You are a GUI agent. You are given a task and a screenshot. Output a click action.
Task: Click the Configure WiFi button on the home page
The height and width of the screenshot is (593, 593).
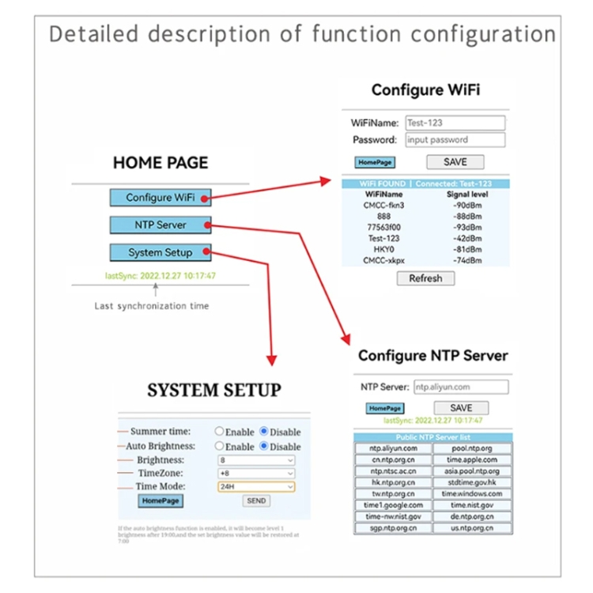161,198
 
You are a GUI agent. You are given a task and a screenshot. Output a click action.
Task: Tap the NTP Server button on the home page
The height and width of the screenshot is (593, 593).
161,225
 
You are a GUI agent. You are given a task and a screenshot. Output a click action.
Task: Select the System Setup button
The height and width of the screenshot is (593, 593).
161,252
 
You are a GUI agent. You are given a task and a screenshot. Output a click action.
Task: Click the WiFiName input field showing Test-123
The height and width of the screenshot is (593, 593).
455,123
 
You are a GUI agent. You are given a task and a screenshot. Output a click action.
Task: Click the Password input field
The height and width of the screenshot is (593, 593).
455,140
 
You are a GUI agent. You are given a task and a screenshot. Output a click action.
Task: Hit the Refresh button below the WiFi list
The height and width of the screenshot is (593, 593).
425,278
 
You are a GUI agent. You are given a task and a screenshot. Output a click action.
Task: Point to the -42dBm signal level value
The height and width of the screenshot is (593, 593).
467,238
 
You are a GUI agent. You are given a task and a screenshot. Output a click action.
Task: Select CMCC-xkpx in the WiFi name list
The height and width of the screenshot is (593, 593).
383,260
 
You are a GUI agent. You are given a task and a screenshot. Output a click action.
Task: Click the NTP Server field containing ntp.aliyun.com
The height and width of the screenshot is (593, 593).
460,387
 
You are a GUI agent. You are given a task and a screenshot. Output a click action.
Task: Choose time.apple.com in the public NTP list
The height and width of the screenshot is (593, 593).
472,459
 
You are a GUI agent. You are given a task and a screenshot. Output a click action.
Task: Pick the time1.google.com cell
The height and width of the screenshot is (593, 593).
393,505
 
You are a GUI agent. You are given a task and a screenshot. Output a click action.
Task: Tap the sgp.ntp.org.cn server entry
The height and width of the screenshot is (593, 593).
393,528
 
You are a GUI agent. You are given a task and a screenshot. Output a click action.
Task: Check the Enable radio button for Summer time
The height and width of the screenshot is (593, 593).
220,432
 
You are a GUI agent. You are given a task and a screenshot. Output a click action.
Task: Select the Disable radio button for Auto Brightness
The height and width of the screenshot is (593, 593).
264,446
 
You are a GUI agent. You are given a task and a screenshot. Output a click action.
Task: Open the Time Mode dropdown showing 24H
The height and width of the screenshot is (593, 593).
255,486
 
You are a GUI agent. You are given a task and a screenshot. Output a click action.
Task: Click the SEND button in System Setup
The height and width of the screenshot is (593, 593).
256,500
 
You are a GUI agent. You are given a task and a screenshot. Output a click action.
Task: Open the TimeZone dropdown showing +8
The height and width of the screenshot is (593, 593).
255,473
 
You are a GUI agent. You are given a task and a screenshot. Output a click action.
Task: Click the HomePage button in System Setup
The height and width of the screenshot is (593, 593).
160,501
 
